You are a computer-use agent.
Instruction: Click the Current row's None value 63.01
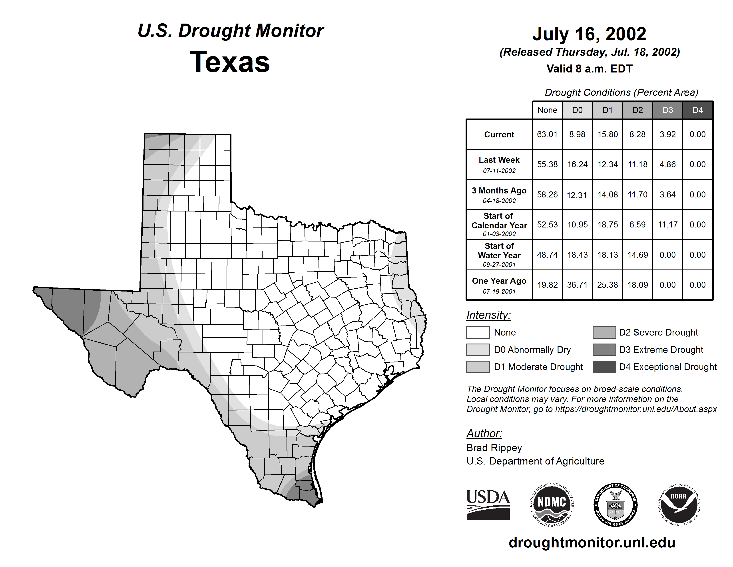[547, 134]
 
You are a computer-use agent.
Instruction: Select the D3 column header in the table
[667, 110]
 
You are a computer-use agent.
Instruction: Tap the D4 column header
[698, 110]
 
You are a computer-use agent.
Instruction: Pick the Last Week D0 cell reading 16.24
[577, 164]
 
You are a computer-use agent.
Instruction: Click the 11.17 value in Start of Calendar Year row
[667, 224]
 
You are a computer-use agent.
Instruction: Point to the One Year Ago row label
[499, 285]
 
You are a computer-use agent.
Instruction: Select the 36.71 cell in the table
[577, 285]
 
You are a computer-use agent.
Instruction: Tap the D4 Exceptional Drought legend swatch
[604, 367]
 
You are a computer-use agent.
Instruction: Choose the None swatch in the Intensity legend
[478, 332]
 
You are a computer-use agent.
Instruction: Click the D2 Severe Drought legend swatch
[604, 332]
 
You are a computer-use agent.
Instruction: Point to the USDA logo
[488, 505]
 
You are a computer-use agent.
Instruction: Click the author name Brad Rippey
[494, 448]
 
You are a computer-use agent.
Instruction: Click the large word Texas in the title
[230, 62]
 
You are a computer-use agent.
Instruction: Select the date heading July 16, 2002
[589, 34]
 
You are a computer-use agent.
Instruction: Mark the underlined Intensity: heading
[488, 315]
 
